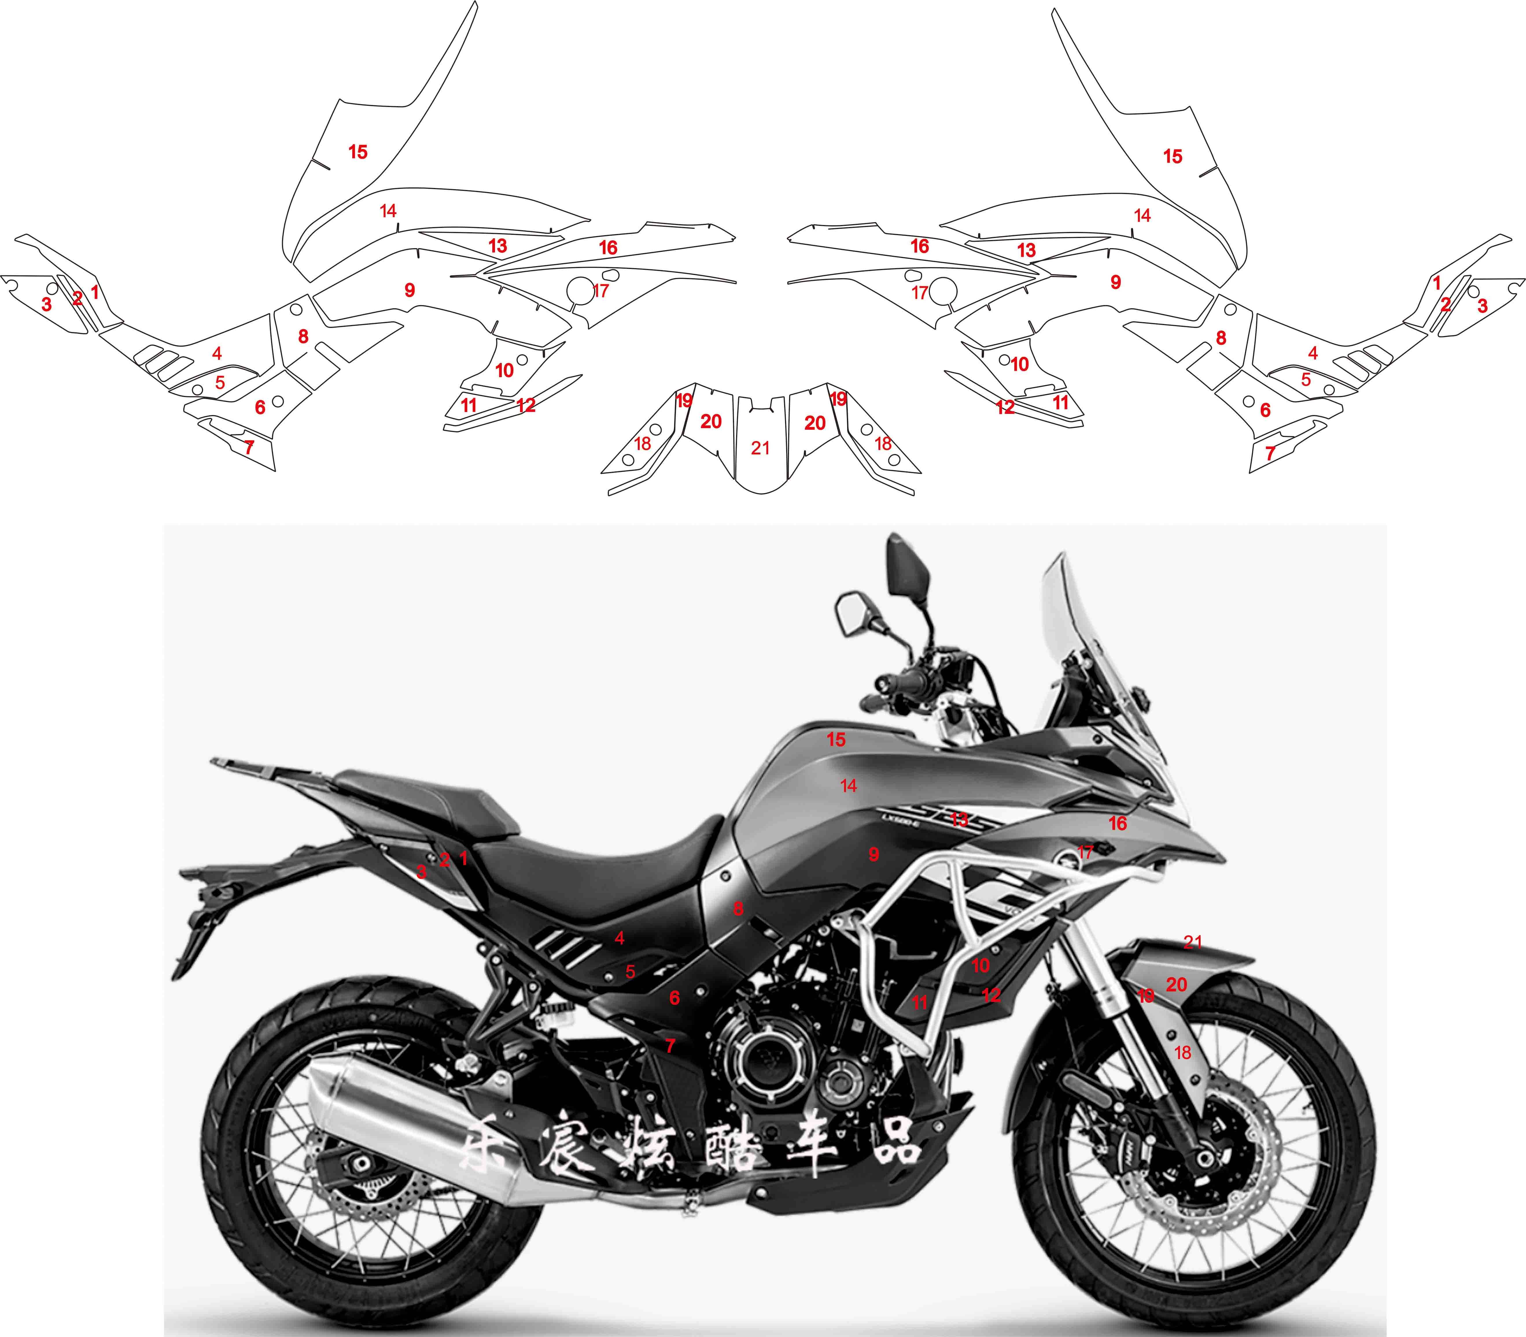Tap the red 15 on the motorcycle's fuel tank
836,740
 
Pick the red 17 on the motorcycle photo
1085,852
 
